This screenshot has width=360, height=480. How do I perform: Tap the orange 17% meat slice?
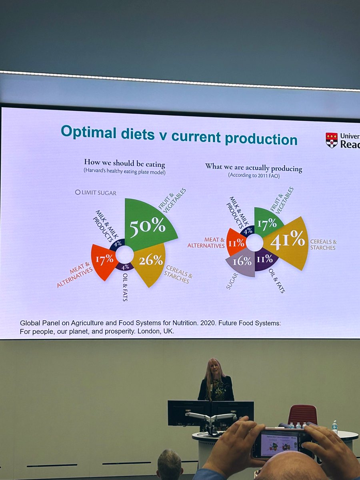click(x=104, y=261)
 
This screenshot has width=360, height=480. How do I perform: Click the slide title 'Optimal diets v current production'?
click(x=179, y=135)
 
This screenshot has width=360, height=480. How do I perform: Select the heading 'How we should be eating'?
click(x=124, y=163)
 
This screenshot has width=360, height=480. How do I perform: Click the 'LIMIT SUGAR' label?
click(x=96, y=192)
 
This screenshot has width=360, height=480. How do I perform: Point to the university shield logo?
click(x=332, y=140)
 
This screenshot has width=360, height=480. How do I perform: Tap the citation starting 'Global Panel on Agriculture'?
click(x=150, y=327)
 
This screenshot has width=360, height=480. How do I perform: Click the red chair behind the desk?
click(x=302, y=415)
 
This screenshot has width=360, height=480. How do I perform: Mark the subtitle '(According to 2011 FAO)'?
click(x=253, y=175)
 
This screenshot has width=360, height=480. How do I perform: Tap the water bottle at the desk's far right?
click(x=335, y=427)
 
